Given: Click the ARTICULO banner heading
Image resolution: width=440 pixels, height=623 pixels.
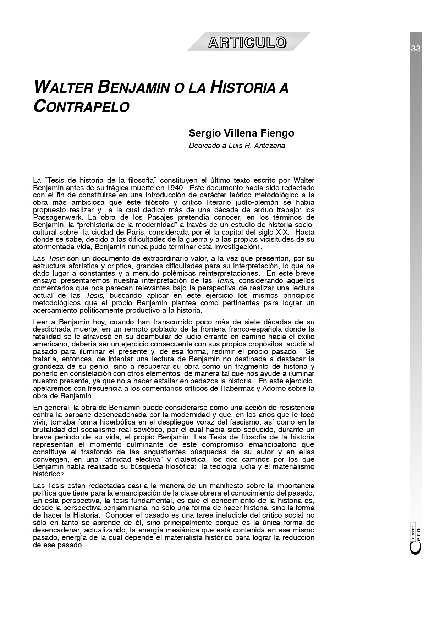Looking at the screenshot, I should pyautogui.click(x=247, y=42).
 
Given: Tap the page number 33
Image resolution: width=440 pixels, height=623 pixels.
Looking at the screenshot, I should pyautogui.click(x=416, y=49).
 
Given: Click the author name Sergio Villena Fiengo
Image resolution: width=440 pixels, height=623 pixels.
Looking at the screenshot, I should pyautogui.click(x=241, y=133).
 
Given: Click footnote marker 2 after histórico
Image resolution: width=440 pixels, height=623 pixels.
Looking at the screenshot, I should pyautogui.click(x=61, y=475).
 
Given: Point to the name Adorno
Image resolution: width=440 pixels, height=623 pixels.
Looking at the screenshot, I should pyautogui.click(x=277, y=388).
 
